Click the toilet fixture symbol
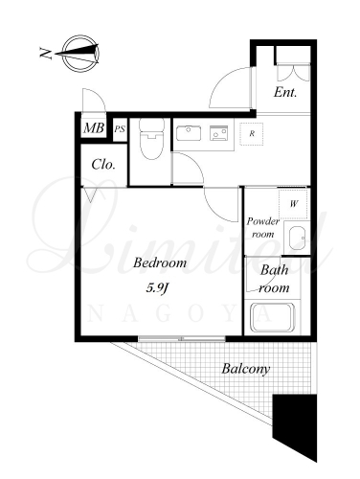(151, 139)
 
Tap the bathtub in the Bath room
(272, 317)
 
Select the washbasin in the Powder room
(297, 239)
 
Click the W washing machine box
(293, 204)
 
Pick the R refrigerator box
(252, 134)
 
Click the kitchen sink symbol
(189, 133)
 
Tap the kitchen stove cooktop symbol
(218, 133)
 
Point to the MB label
(94, 128)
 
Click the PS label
(120, 129)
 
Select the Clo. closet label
(103, 165)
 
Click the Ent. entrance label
(285, 93)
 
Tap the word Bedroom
(160, 262)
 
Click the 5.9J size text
(157, 288)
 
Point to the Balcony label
(246, 369)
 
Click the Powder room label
(262, 227)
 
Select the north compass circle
(80, 54)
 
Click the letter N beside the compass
(45, 53)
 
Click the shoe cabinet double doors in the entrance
(293, 73)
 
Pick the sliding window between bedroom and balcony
(182, 339)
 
